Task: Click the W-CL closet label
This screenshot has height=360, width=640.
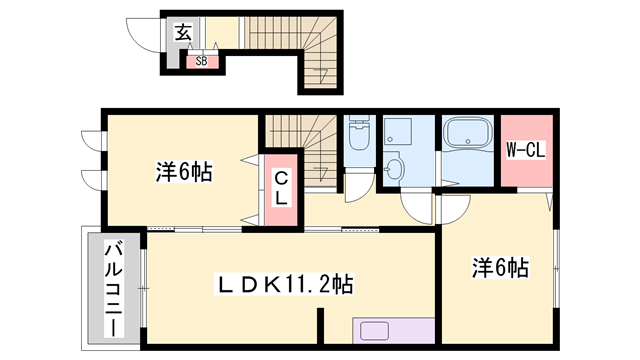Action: click(x=524, y=152)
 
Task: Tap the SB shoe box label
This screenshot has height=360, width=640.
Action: click(x=201, y=61)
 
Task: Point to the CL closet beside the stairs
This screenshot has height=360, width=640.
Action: click(x=282, y=187)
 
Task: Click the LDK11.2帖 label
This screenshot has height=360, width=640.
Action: click(x=285, y=283)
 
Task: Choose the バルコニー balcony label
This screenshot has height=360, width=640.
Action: click(x=114, y=288)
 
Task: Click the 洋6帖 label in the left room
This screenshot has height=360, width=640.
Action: click(x=183, y=171)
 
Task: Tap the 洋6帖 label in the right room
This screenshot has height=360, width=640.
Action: click(x=500, y=268)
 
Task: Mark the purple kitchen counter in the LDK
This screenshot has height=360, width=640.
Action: click(x=392, y=332)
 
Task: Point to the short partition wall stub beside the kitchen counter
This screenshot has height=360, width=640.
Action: click(x=322, y=327)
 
